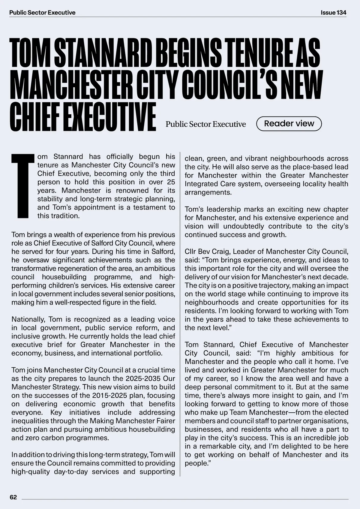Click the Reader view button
[x=289, y=124]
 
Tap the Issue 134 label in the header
[x=333, y=13]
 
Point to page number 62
[x=13, y=497]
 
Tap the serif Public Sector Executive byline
[x=205, y=124]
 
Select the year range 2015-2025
[x=111, y=395]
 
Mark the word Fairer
[x=165, y=421]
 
